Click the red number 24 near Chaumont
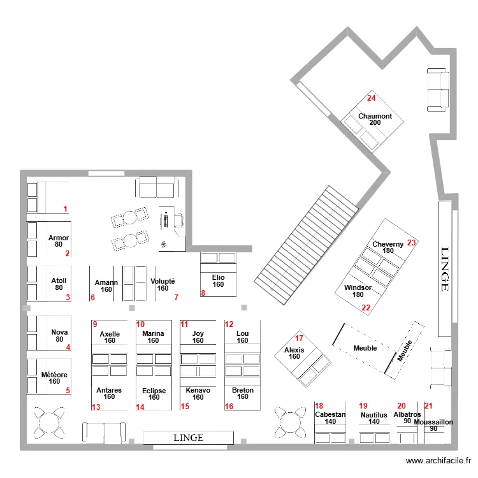(371, 98)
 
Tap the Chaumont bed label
(375, 116)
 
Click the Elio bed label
(218, 277)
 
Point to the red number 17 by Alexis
(299, 338)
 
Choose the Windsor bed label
(358, 287)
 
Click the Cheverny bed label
(387, 244)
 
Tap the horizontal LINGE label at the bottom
(188, 438)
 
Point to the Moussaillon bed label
(433, 422)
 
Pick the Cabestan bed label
(330, 414)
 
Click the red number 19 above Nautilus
(363, 406)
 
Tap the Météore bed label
(54, 375)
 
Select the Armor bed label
(59, 238)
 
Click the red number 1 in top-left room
(65, 209)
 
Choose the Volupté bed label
(163, 281)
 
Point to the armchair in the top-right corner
(437, 90)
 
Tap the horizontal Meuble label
(365, 348)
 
